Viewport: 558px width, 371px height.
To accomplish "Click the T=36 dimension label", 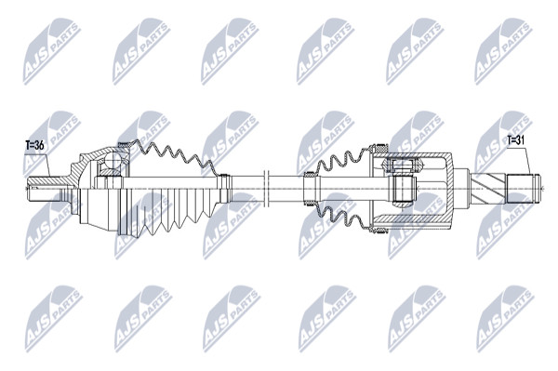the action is click(34, 145).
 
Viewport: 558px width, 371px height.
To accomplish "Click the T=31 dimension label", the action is click(516, 140).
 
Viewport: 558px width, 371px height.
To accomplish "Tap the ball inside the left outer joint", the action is click(113, 159).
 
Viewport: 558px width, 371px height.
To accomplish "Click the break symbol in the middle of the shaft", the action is click(267, 188).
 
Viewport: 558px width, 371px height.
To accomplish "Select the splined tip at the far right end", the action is click(524, 189).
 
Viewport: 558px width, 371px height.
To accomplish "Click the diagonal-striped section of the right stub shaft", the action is click(488, 189).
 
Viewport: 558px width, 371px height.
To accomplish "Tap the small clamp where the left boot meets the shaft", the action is click(224, 189).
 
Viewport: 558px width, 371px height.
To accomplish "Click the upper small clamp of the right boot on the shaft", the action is click(309, 174).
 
